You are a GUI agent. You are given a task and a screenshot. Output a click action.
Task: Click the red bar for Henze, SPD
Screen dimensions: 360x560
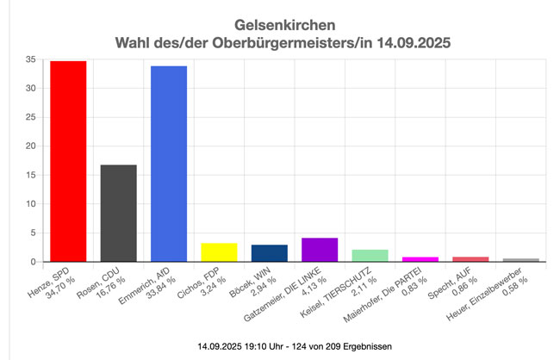click(x=68, y=161)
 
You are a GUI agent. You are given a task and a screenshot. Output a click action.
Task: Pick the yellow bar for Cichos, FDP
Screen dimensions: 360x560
click(x=219, y=252)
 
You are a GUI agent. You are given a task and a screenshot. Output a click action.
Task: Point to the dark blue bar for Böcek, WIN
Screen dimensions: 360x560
click(x=269, y=253)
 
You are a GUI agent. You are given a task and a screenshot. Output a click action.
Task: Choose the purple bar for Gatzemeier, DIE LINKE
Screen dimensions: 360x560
click(x=319, y=250)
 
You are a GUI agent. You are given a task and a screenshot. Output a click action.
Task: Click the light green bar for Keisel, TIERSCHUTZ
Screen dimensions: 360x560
click(x=370, y=256)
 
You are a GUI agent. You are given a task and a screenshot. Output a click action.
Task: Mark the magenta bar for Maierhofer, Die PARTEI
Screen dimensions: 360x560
click(x=420, y=259)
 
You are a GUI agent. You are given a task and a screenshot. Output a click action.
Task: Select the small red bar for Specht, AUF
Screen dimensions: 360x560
click(x=470, y=259)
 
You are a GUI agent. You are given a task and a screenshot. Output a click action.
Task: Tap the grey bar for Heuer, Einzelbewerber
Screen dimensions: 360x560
click(x=520, y=260)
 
